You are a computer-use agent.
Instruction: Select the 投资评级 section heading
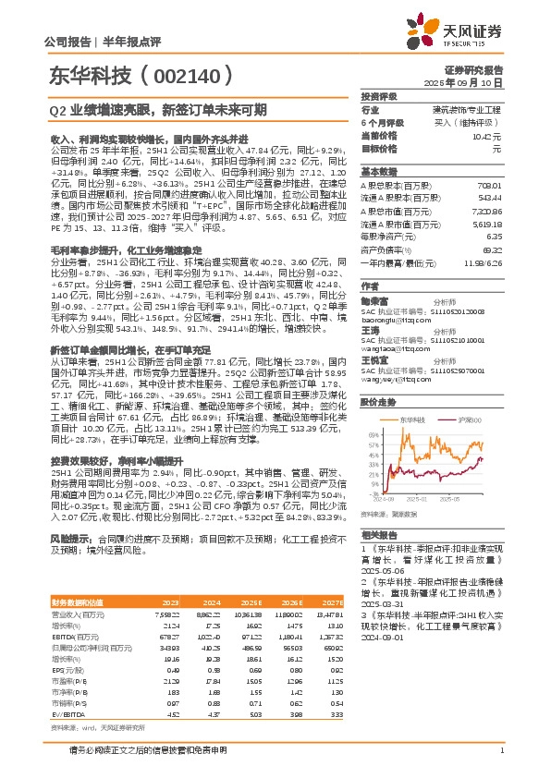click(x=379, y=96)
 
